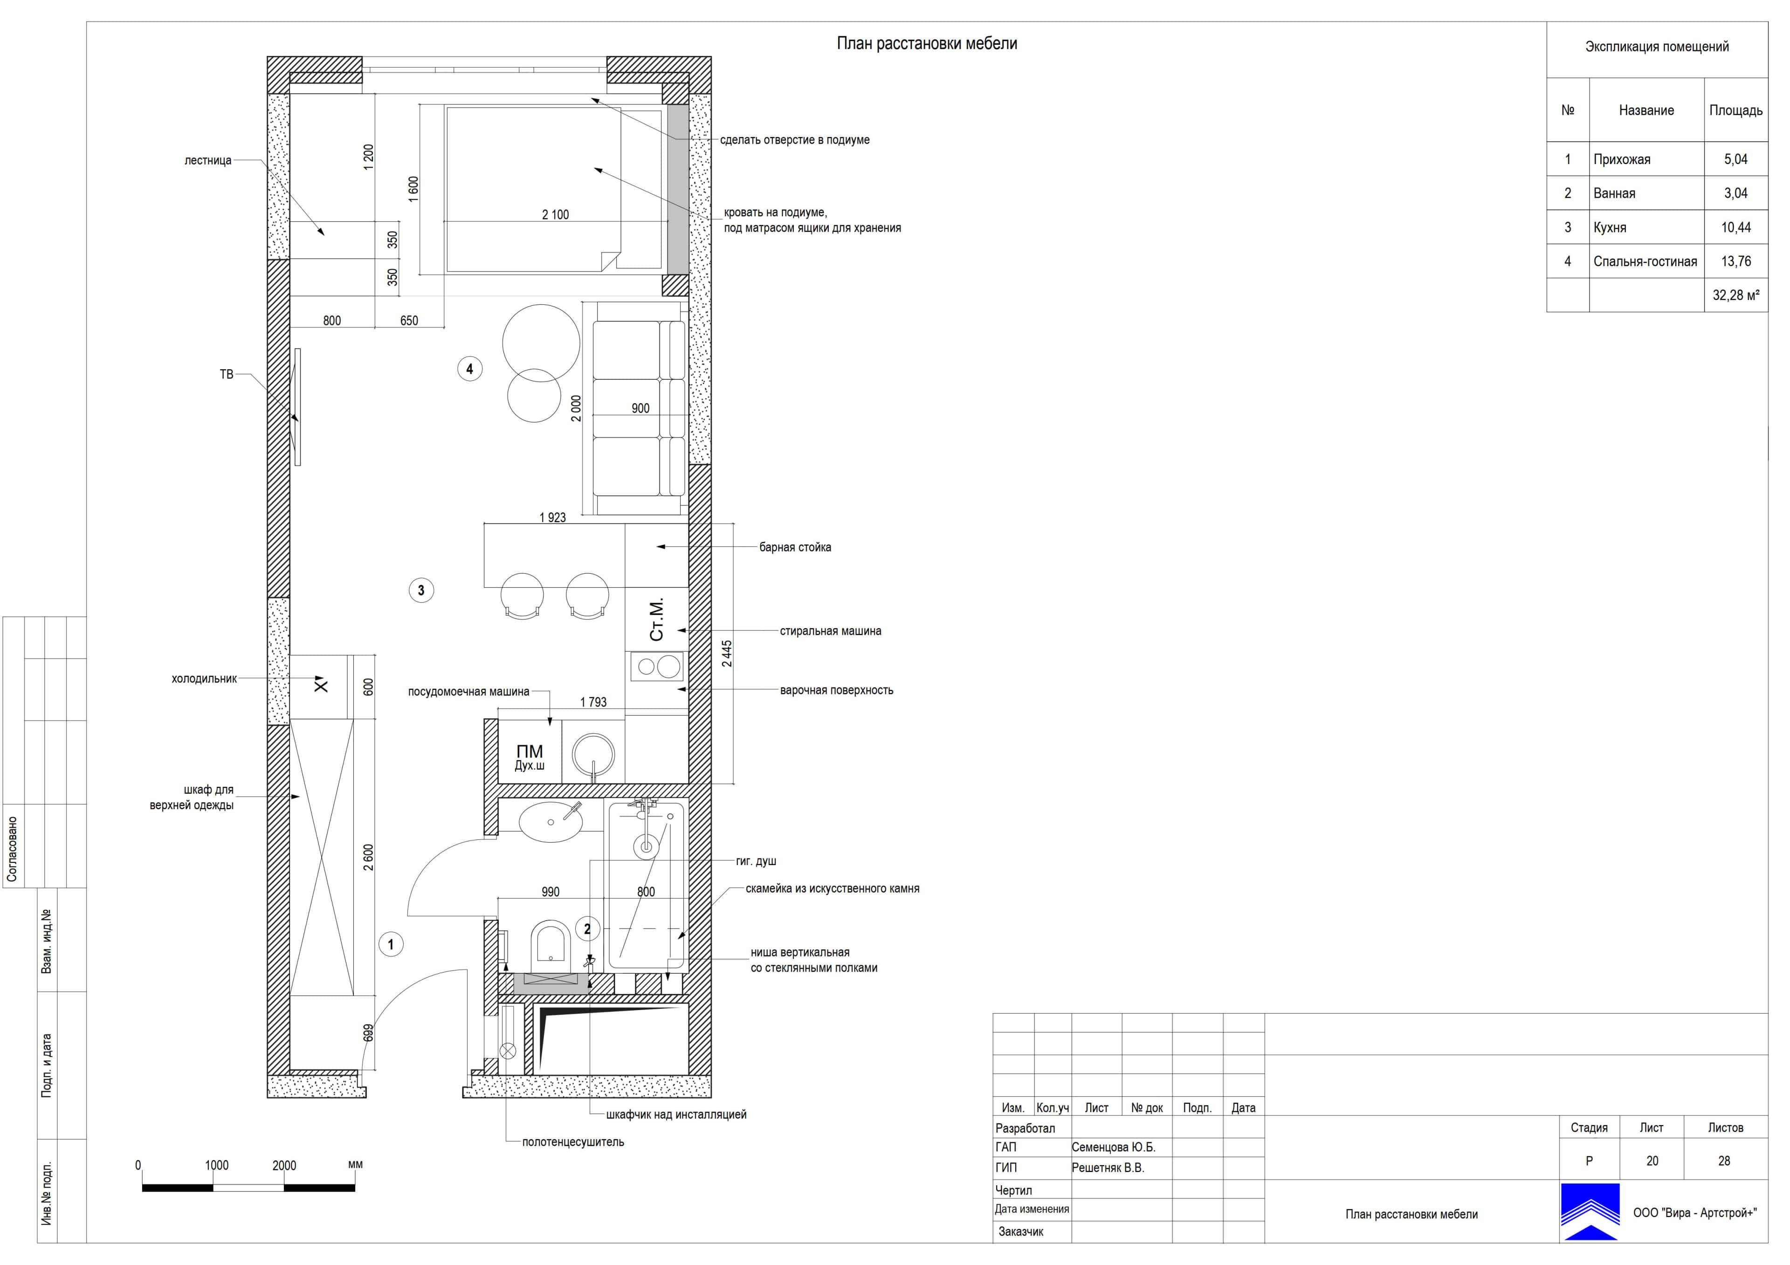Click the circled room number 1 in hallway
point(391,945)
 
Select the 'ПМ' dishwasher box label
point(530,751)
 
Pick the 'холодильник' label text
point(204,679)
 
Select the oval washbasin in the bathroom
point(551,822)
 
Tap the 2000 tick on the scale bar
point(284,1165)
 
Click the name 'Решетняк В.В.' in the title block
point(1108,1168)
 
